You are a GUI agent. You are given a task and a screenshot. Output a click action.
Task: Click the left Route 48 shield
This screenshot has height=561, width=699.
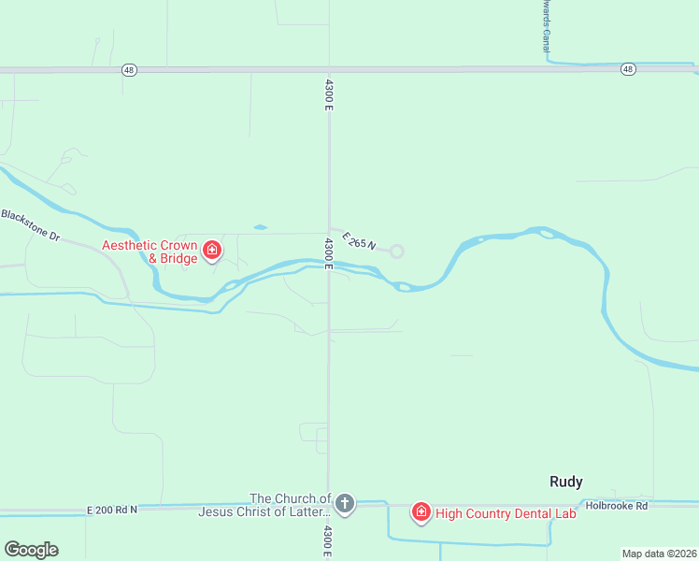(x=129, y=69)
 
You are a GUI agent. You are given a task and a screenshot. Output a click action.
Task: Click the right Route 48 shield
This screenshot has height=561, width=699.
(x=628, y=69)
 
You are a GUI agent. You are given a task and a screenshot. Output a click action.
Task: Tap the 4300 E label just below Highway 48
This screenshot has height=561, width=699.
(x=329, y=93)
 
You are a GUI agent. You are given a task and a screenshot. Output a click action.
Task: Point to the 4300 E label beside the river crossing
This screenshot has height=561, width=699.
(x=329, y=253)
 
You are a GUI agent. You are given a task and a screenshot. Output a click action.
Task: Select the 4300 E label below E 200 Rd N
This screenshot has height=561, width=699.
(x=329, y=540)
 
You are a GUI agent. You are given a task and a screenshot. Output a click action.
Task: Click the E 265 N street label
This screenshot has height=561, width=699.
(x=359, y=241)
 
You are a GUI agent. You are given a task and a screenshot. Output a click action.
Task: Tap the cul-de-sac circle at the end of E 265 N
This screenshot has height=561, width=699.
(x=396, y=251)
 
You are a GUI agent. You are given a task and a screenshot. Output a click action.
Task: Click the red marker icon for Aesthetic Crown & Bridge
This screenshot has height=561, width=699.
(x=212, y=251)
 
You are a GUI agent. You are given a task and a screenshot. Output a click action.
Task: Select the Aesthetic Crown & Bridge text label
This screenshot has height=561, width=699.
(x=150, y=252)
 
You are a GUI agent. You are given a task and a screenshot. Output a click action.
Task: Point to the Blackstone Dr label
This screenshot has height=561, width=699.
(x=30, y=225)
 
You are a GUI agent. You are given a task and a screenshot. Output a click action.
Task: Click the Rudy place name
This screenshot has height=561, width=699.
(x=565, y=482)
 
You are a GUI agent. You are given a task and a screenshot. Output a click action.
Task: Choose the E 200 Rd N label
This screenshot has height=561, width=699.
(x=111, y=510)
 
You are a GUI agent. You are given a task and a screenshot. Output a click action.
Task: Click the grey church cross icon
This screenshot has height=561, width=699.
(x=345, y=505)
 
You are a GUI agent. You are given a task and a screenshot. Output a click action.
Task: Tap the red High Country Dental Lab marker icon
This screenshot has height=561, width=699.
(x=421, y=511)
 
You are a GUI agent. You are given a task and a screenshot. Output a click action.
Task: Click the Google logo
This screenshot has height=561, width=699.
(x=31, y=550)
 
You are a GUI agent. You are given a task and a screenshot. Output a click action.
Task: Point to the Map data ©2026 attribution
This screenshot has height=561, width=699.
(x=659, y=554)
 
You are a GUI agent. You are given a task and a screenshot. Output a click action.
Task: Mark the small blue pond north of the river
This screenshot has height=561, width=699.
(x=260, y=227)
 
